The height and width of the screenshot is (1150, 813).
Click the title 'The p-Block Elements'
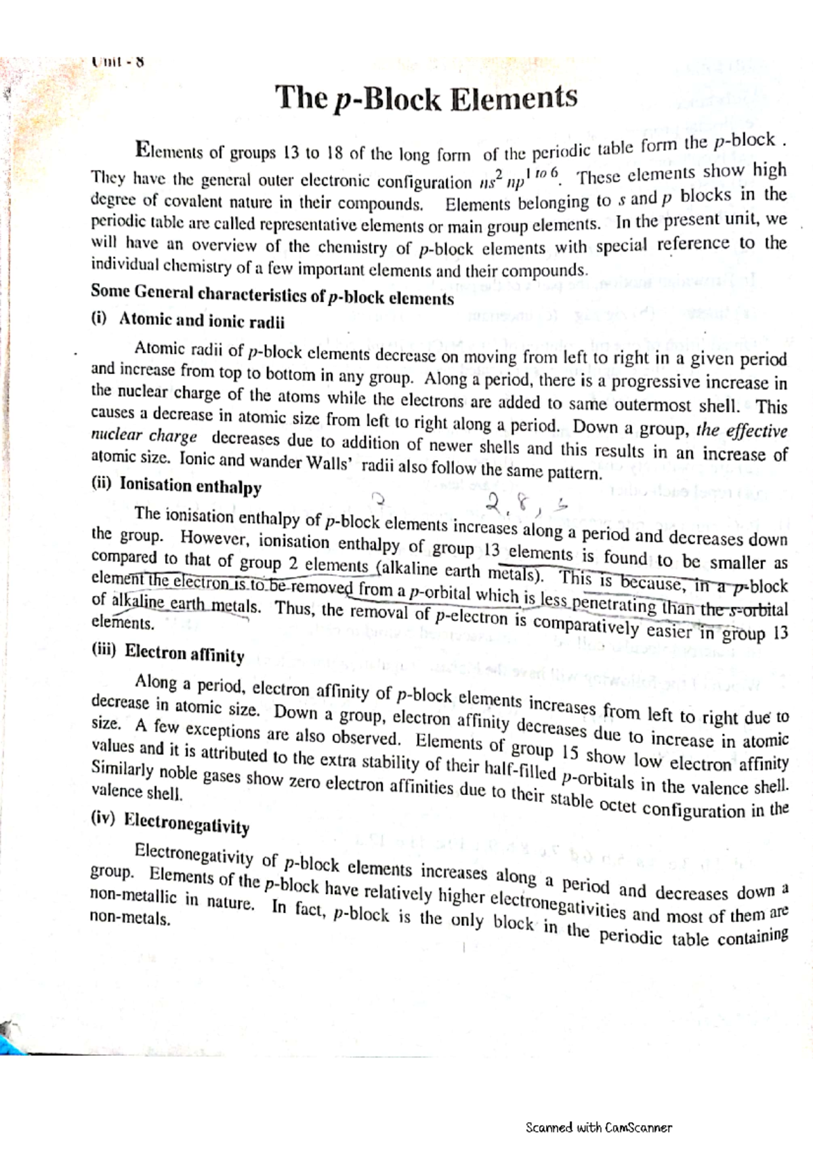426,99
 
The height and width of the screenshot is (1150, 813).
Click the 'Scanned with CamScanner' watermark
598,1127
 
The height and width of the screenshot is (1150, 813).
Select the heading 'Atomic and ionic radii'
201,321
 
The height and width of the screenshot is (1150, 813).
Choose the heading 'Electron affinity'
184,653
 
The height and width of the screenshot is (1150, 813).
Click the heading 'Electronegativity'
187,824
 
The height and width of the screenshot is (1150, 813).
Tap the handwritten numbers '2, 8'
509,504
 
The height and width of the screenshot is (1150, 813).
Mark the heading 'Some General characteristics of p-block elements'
272,295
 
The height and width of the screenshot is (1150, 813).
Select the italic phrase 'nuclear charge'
144,435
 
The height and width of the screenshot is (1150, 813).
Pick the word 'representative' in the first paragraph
297,225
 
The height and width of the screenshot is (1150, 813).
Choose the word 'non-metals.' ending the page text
129,919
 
